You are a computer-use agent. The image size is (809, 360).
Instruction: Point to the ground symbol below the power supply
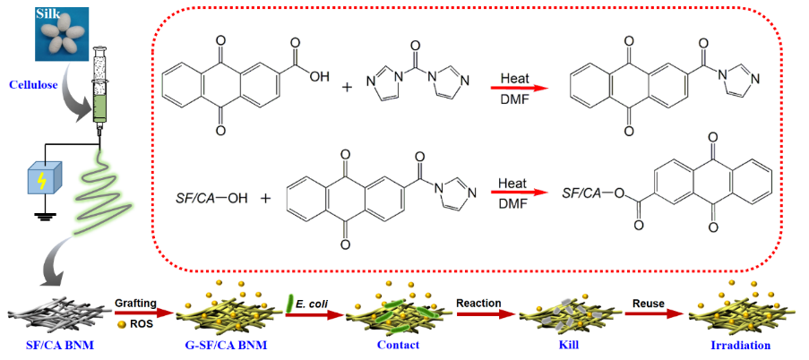click(x=41, y=216)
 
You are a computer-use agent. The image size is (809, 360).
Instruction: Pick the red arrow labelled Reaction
click(x=485, y=314)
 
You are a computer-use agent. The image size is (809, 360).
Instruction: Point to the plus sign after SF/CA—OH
click(x=264, y=194)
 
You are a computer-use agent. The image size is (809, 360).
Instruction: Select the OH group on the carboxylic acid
click(x=318, y=77)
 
